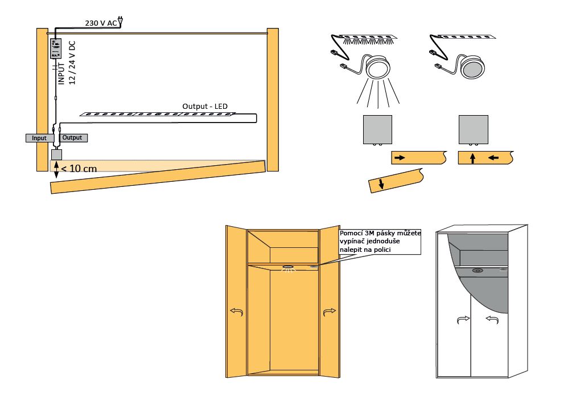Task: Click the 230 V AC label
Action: [x=101, y=23]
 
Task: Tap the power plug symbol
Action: [x=120, y=22]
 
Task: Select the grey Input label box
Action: [x=39, y=138]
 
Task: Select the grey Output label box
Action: [x=73, y=138]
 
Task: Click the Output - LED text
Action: [x=205, y=107]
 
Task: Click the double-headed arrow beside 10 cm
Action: [x=56, y=166]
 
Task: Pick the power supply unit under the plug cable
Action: [x=56, y=49]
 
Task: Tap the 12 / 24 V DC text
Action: [x=72, y=63]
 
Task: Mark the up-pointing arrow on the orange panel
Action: [x=472, y=158]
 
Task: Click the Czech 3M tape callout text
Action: [x=380, y=241]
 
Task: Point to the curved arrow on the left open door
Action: [x=236, y=312]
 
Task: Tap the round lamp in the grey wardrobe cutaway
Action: [x=477, y=271]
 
